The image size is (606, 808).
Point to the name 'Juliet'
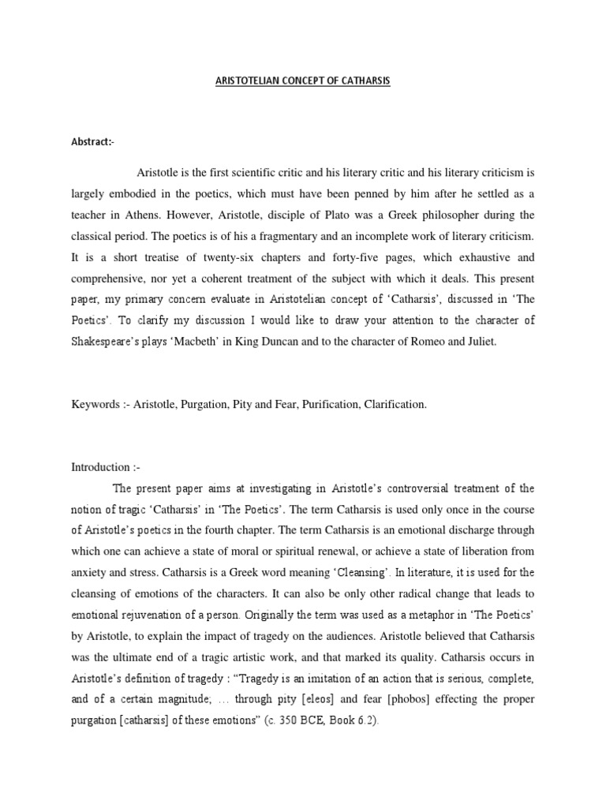coord(478,343)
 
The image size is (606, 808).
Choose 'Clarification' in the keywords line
coord(393,404)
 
